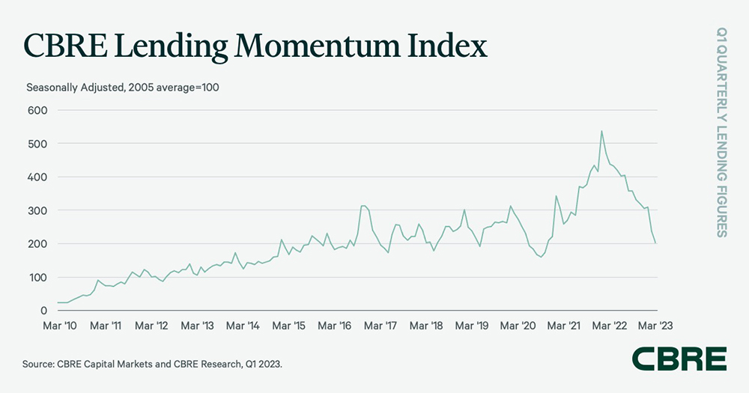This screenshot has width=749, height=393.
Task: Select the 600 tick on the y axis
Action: pyautogui.click(x=37, y=110)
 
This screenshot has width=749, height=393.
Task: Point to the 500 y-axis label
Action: pyautogui.click(x=37, y=143)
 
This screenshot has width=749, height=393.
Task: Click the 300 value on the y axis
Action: pyautogui.click(x=37, y=210)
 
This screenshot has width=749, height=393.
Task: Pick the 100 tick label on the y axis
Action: pyautogui.click(x=37, y=278)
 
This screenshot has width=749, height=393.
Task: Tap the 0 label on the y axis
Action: pyautogui.click(x=43, y=311)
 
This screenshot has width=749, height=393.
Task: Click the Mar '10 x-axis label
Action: pyautogui.click(x=58, y=326)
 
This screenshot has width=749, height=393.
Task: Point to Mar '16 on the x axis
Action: pyautogui.click(x=335, y=326)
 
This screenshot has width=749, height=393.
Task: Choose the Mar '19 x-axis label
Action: pyautogui.click(x=473, y=326)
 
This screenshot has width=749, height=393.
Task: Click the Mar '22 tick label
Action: pyautogui.click(x=610, y=326)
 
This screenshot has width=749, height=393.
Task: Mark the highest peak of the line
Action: pyautogui.click(x=601, y=131)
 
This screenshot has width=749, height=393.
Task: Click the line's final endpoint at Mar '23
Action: pyautogui.click(x=656, y=243)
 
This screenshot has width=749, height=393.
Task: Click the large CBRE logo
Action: pyautogui.click(x=679, y=359)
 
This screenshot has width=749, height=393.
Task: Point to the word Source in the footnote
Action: pyautogui.click(x=40, y=364)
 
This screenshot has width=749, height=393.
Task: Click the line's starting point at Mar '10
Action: pyautogui.click(x=58, y=302)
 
